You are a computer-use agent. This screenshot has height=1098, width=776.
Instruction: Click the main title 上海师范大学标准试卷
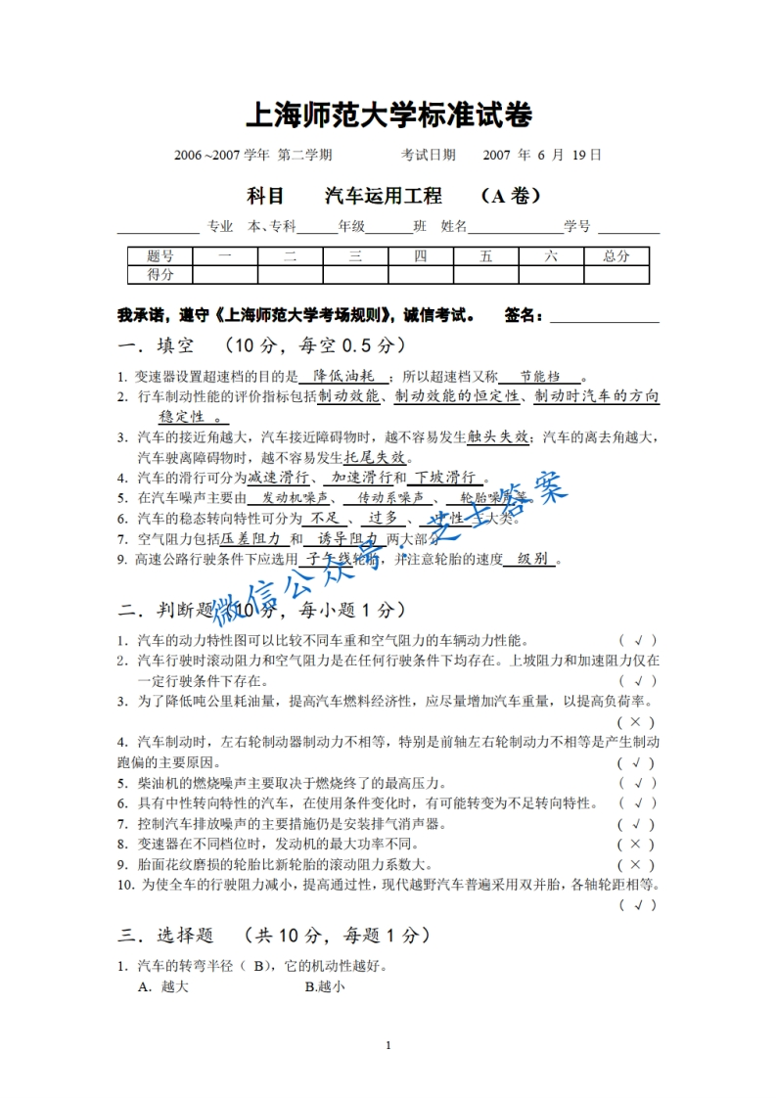(388, 115)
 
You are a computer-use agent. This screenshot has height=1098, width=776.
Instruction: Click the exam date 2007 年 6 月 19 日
(542, 155)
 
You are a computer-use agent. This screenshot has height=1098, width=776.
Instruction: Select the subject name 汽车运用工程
(383, 196)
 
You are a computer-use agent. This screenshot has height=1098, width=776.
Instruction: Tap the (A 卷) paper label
(511, 196)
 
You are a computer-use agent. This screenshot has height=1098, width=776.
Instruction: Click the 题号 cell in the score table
(160, 256)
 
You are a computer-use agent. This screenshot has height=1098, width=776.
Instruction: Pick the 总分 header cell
(616, 256)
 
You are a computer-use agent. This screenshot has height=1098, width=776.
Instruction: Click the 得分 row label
(160, 274)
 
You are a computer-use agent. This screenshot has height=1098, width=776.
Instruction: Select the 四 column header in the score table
(420, 256)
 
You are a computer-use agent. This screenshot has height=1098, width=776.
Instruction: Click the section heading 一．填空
(157, 345)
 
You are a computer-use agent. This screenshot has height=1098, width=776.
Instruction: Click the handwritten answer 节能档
(539, 376)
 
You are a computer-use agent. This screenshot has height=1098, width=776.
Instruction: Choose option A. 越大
(163, 987)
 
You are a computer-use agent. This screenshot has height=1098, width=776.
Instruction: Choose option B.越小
(325, 987)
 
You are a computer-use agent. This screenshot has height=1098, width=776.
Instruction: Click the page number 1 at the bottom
(388, 1045)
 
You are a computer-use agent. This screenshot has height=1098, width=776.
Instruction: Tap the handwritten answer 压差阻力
(251, 539)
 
